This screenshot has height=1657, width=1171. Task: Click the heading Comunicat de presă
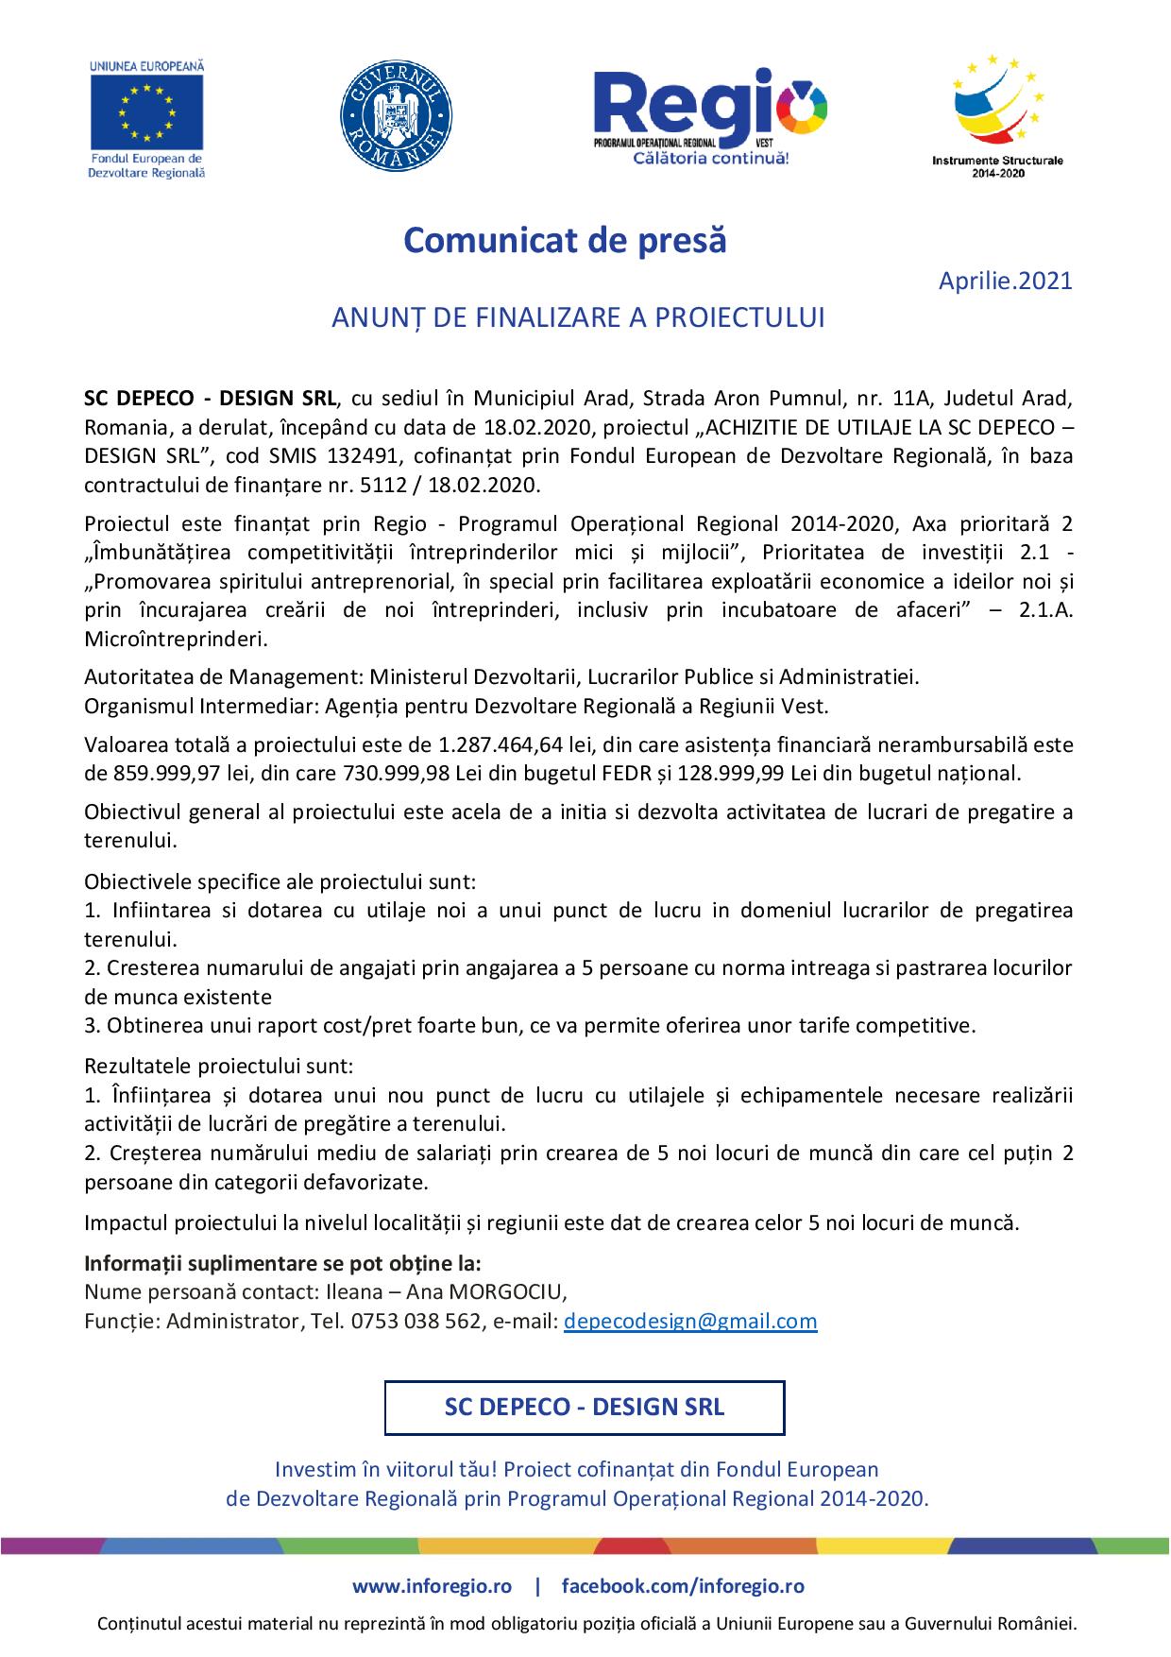click(x=566, y=241)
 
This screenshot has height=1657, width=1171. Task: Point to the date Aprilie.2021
click(x=1005, y=281)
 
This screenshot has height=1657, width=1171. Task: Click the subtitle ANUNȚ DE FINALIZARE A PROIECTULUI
click(x=578, y=317)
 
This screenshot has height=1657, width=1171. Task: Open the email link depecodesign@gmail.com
click(x=690, y=1321)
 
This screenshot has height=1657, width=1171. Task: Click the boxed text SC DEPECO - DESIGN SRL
click(x=585, y=1407)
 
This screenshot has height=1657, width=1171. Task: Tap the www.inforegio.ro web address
click(x=433, y=1586)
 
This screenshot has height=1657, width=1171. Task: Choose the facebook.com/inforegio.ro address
click(x=683, y=1586)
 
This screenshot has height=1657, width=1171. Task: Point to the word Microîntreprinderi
click(x=176, y=639)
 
